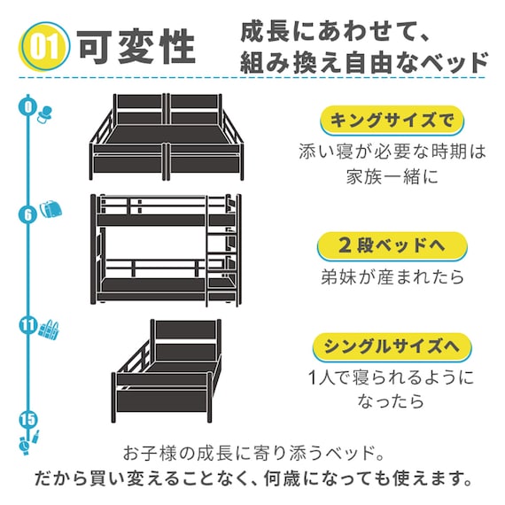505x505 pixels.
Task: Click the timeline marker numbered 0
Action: click(29, 108)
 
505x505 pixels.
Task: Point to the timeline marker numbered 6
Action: click(28, 214)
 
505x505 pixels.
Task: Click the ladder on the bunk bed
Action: click(216, 252)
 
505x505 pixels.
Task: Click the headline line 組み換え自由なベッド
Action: click(364, 64)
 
